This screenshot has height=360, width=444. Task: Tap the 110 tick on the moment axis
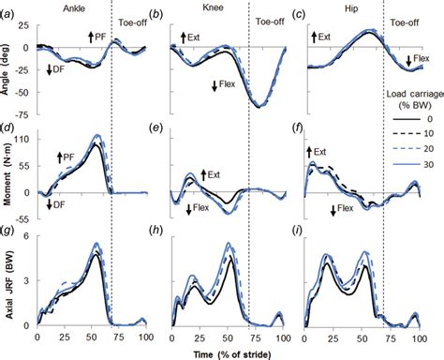tap(22, 138)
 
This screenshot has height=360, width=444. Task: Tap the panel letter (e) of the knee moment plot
tap(175, 128)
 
